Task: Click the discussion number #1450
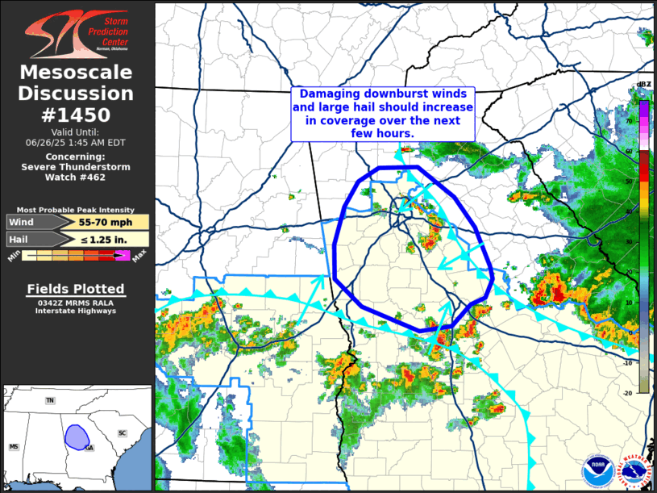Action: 76,115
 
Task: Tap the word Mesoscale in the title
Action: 76,73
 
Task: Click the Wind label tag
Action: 24,222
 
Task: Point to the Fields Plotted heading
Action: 76,289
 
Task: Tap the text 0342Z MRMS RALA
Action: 76,303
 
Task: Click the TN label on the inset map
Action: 50,400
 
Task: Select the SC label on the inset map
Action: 123,433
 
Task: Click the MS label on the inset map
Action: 14,446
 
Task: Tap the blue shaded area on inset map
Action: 77,437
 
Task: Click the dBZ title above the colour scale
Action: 643,84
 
